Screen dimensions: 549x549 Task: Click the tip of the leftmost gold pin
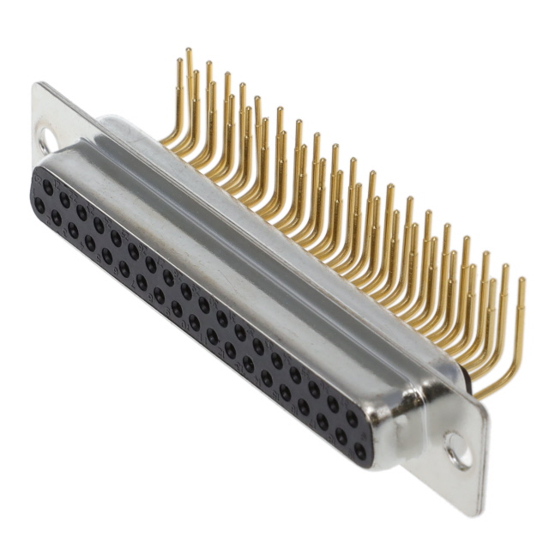coord(179,61)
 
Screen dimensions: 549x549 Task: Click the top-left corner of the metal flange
coord(37,85)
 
